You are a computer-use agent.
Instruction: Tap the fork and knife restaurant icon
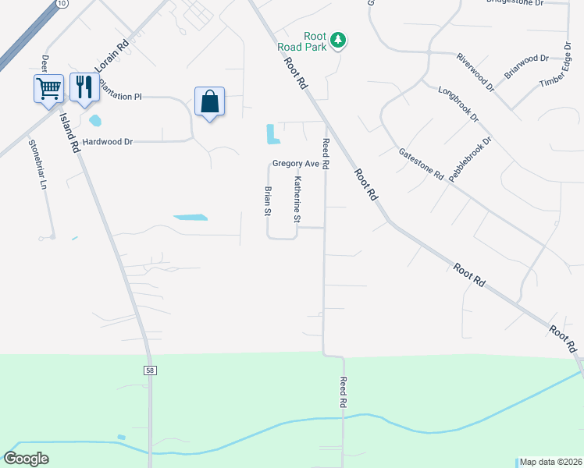84,87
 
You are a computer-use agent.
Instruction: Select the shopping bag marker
209,101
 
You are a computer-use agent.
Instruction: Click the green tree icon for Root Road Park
337,39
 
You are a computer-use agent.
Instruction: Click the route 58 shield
150,370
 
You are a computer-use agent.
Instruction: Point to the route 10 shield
62,4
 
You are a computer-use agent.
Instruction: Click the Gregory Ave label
296,164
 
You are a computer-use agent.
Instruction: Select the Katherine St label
297,199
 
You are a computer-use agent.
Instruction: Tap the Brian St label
267,200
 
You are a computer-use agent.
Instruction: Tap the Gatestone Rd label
421,165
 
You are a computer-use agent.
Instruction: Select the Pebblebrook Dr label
470,158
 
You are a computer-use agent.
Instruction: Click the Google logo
27,459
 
